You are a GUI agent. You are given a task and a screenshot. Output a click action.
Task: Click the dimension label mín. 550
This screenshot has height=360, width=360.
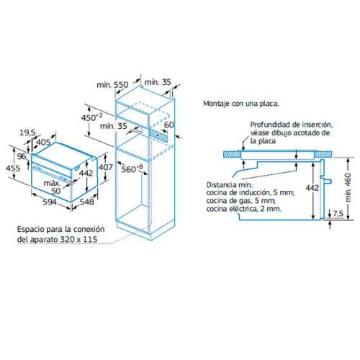(112, 85)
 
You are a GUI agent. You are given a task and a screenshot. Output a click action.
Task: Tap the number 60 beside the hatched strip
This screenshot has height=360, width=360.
(169, 125)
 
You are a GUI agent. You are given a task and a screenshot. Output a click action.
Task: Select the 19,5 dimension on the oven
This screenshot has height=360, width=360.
(27, 132)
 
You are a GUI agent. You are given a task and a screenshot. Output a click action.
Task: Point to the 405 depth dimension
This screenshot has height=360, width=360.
(43, 142)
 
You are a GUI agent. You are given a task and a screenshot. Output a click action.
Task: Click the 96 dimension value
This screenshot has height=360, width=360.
(22, 156)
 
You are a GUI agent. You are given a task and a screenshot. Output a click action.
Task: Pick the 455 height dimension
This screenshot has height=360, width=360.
(13, 168)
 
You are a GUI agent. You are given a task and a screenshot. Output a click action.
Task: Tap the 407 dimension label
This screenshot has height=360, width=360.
(106, 167)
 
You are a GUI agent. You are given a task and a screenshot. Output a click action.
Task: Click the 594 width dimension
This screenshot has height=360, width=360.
(50, 202)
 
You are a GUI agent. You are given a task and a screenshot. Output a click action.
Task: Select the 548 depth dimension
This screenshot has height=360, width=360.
(86, 202)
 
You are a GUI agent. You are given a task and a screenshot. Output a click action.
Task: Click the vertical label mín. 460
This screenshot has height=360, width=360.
(348, 187)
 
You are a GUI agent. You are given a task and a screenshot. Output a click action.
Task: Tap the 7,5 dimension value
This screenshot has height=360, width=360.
(338, 213)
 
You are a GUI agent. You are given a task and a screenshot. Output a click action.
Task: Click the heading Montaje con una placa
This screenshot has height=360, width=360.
(240, 104)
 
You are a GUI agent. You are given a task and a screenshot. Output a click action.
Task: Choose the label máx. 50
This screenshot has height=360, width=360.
(53, 187)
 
